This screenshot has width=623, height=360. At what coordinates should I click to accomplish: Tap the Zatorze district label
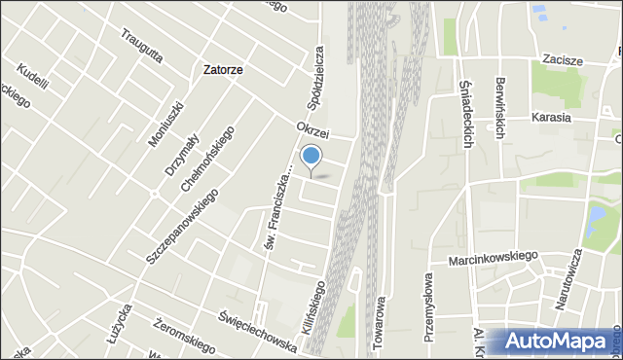tap(223, 70)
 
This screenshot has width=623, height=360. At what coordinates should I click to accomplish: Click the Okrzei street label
tap(315, 128)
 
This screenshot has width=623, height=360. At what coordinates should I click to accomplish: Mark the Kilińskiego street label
tap(318, 297)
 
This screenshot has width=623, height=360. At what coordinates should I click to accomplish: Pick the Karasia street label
tap(551, 118)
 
